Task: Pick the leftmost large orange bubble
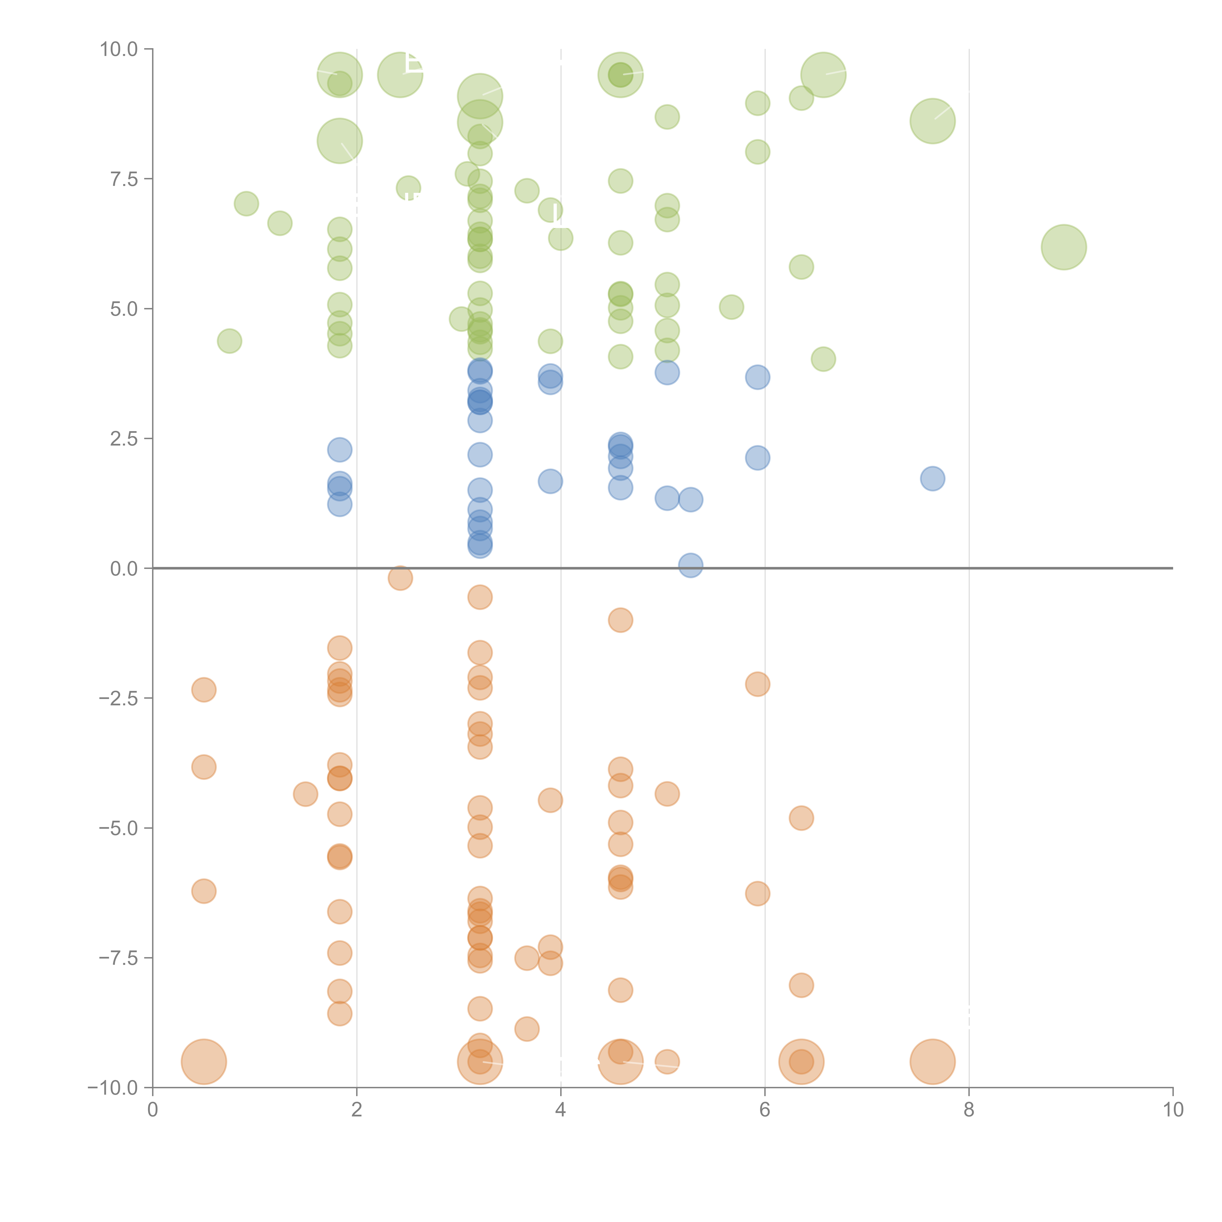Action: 204,1061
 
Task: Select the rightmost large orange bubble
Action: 932,1061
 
